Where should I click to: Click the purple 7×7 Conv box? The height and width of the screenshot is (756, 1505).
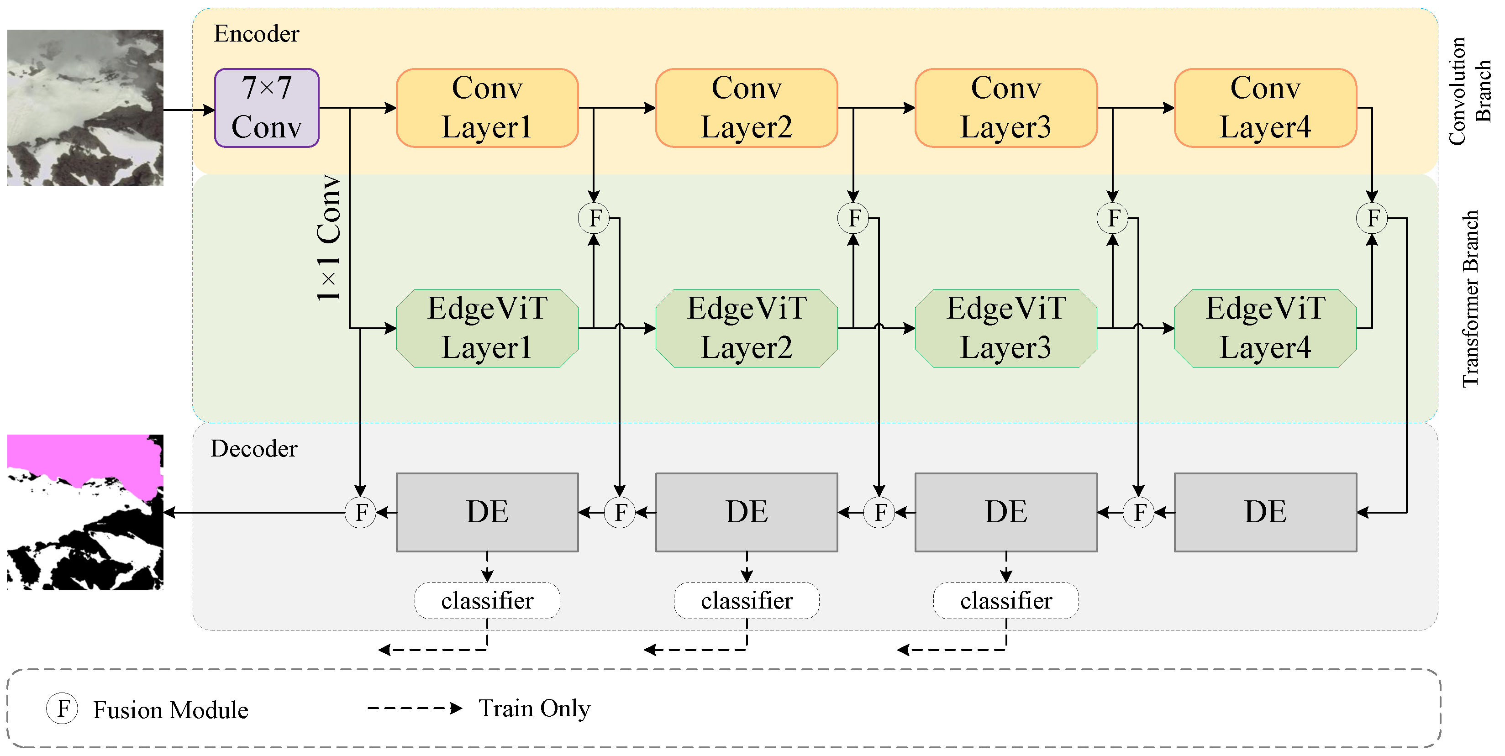coord(266,108)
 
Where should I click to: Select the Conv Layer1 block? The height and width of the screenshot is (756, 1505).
coord(487,108)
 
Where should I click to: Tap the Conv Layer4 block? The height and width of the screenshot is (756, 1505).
coord(1265,108)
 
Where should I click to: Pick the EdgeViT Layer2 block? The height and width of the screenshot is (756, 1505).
coord(746,328)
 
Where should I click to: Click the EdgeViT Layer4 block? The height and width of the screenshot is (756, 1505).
coord(1265,328)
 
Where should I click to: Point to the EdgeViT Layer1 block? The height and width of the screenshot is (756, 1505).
coord(487,328)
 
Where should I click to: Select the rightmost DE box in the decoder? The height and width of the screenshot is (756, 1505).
coord(1265,512)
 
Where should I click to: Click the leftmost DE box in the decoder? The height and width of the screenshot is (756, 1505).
coord(487,512)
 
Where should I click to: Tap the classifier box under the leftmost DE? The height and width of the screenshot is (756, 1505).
coord(487,601)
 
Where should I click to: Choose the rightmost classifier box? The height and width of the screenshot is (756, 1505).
coord(1005,601)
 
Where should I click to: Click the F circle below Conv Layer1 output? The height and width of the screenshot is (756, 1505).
coord(594,218)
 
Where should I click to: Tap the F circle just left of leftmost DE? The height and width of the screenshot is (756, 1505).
coord(360,512)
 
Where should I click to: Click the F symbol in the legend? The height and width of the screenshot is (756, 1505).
coord(63,708)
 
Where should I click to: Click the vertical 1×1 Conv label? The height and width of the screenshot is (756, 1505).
coord(329,238)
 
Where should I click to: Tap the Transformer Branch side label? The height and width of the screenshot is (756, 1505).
coord(1470,299)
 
